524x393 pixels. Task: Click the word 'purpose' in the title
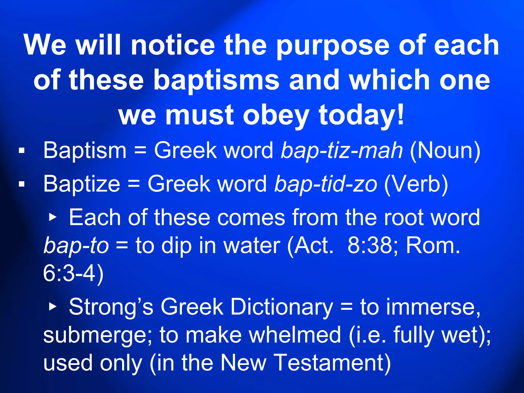333,46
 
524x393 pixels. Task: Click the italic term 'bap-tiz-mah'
342,150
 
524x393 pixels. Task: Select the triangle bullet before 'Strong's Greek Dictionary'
53,307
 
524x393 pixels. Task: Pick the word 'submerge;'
97,335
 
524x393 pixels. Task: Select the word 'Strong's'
111,307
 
